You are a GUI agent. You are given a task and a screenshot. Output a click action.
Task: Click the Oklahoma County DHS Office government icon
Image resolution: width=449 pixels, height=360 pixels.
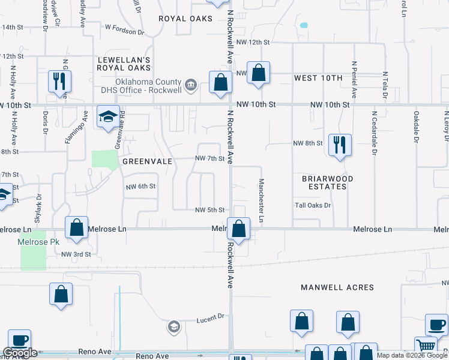pyautogui.click(x=191, y=85)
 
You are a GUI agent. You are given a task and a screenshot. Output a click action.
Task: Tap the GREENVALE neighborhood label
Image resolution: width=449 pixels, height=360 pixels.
pyautogui.click(x=148, y=161)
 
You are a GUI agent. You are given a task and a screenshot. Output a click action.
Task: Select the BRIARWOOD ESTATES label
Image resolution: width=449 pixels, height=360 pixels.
pyautogui.click(x=327, y=182)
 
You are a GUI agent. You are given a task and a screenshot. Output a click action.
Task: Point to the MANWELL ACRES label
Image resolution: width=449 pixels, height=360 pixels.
pyautogui.click(x=337, y=287)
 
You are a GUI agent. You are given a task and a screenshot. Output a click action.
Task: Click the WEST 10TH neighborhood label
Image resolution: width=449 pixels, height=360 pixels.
pyautogui.click(x=318, y=79)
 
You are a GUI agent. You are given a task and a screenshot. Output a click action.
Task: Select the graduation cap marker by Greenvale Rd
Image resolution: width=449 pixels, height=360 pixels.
pyautogui.click(x=108, y=116)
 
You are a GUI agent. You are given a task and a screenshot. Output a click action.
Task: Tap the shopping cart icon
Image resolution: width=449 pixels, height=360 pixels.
pyautogui.click(x=426, y=347)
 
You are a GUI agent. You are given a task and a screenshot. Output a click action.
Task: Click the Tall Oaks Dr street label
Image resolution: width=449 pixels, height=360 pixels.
pyautogui.click(x=313, y=205)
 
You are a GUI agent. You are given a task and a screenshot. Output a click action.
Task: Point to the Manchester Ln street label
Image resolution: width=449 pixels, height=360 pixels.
pyautogui.click(x=262, y=200)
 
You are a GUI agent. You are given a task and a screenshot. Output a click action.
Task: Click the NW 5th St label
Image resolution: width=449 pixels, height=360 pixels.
pyautogui.click(x=209, y=210)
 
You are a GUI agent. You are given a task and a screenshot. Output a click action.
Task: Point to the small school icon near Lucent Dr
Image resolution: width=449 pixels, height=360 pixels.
pyautogui.click(x=173, y=326)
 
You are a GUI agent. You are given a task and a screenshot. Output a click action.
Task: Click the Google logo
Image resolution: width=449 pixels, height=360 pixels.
pyautogui.click(x=20, y=353)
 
